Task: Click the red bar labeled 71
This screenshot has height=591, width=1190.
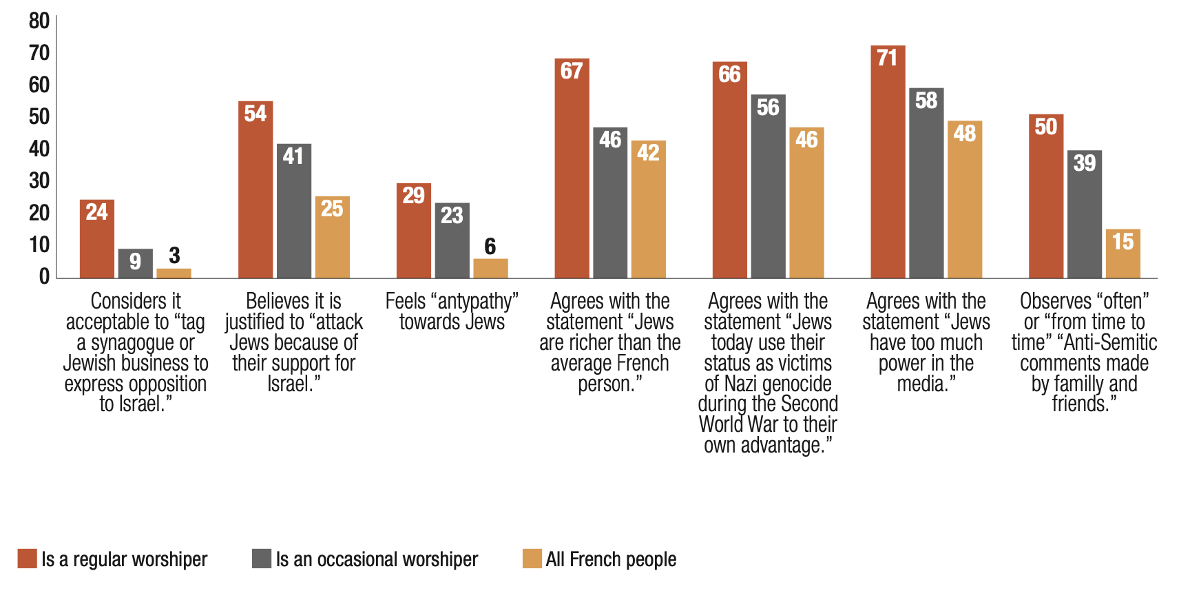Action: [x=888, y=162]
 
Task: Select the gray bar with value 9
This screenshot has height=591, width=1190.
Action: [x=135, y=264]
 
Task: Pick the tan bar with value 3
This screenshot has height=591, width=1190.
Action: [x=174, y=273]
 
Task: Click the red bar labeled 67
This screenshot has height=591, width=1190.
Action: [x=572, y=169]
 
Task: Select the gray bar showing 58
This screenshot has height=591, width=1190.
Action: [x=926, y=183]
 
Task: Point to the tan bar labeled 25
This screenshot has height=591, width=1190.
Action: [x=332, y=238]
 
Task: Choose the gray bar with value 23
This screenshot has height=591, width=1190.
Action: [x=452, y=240]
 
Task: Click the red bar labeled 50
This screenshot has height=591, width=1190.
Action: [x=1045, y=196]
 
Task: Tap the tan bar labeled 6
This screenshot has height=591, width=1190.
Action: [x=490, y=269]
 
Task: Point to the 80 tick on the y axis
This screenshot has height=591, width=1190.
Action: [x=39, y=21]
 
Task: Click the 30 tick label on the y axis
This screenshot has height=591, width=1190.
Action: [x=39, y=181]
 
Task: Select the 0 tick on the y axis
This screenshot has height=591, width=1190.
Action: [x=44, y=277]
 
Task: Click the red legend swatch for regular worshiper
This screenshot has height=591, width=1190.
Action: [x=28, y=559]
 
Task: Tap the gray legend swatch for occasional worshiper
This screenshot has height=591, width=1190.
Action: [x=262, y=559]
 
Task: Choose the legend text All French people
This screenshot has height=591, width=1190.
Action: [x=611, y=559]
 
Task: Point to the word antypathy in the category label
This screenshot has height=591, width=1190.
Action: [x=474, y=301]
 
